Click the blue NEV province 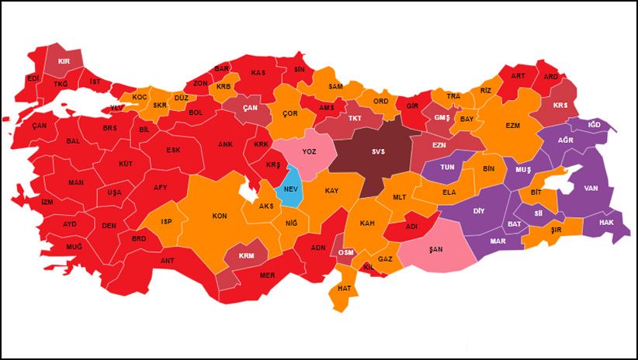290,189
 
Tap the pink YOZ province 310,152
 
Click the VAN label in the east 591,189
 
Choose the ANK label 225,144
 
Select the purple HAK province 605,222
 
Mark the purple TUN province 448,167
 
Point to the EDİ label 33,78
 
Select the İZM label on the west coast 48,202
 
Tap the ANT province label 167,261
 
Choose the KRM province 246,255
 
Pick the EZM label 512,125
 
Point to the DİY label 479,210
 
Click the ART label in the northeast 518,76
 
